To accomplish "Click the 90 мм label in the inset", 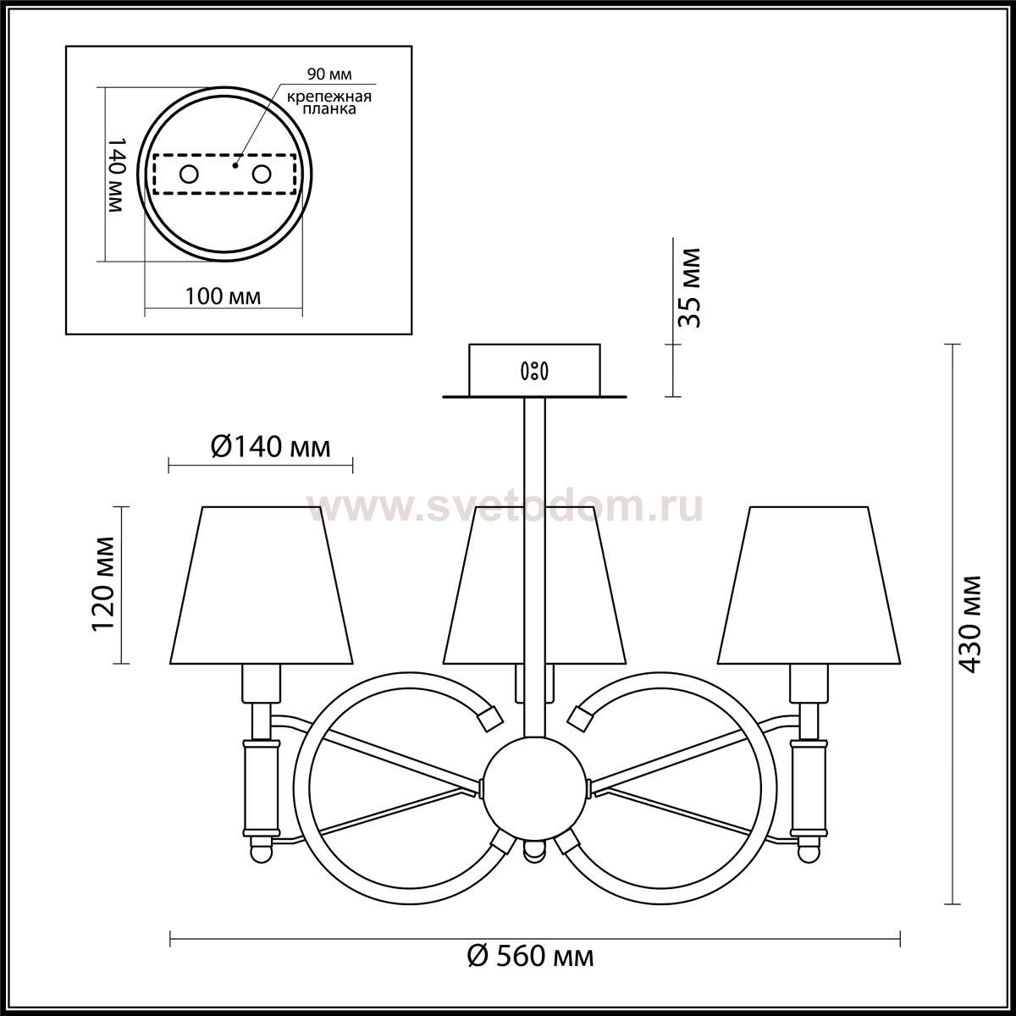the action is coord(329,74).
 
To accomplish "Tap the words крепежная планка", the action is coord(329,102).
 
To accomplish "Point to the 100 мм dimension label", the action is coord(223,296).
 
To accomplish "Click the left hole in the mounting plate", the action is coord(189,174).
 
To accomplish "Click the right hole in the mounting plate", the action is coord(262,174).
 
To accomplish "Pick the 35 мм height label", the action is coord(689,288).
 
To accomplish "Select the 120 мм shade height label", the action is coord(102,583).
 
